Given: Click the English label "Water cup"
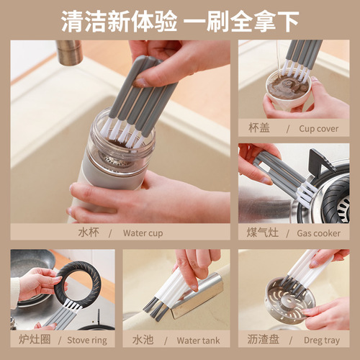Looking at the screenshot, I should [x=143, y=233].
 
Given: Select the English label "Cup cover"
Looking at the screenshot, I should [x=318, y=129].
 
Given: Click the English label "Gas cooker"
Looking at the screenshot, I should [x=318, y=233].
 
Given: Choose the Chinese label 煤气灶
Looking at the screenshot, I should [x=264, y=233].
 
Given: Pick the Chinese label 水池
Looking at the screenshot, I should [x=143, y=340].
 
